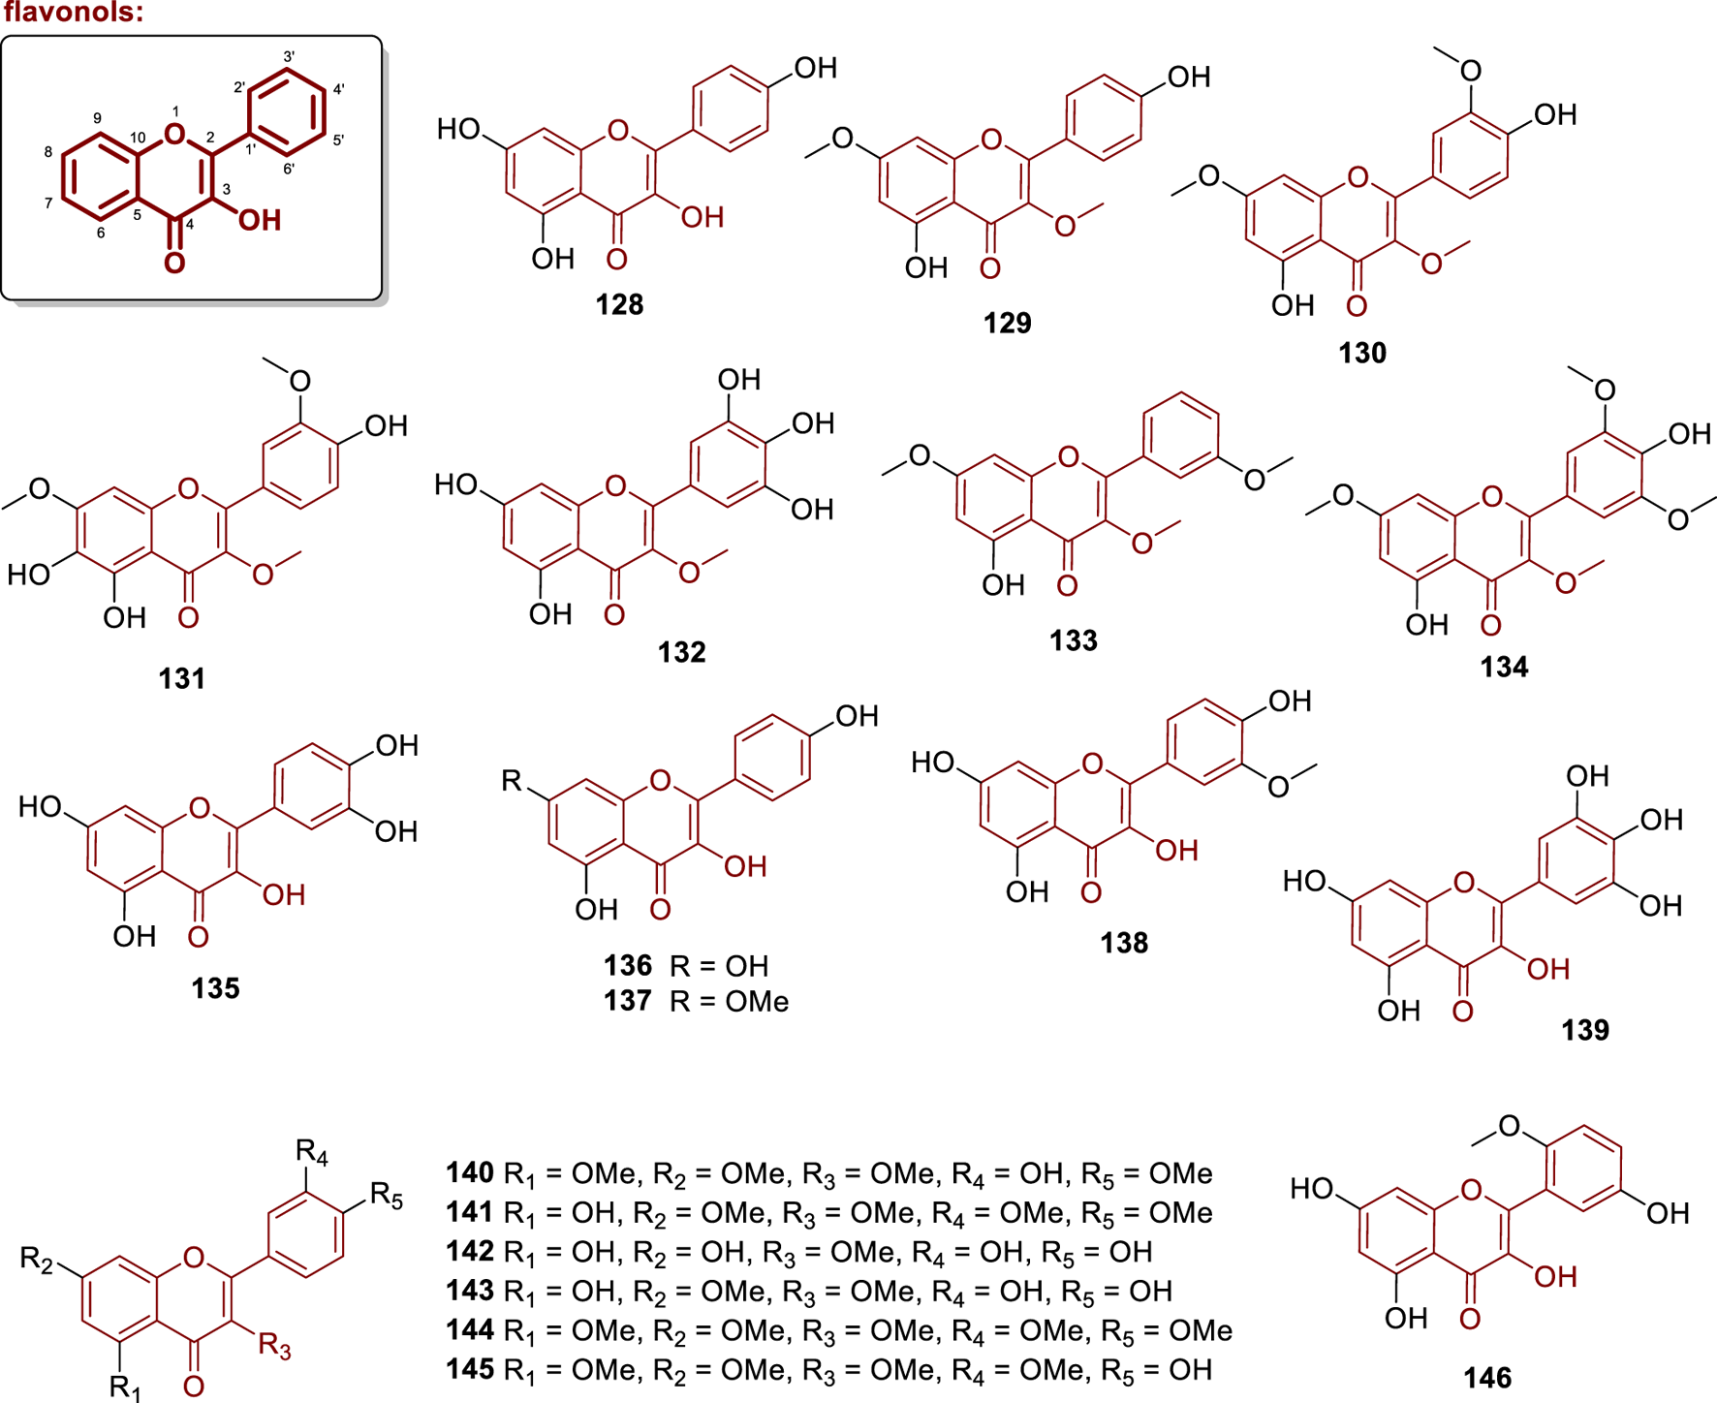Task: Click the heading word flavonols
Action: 74,14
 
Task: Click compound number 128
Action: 619,305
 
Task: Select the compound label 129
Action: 1007,324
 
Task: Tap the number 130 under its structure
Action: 1361,354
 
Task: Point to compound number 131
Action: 182,679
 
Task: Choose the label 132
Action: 681,653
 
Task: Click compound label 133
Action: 1073,641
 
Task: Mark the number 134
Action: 1503,668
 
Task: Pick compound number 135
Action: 215,989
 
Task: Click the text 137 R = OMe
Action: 696,1001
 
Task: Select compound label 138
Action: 1123,944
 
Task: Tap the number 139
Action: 1584,1030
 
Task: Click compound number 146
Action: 1487,1378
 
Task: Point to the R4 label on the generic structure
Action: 312,1152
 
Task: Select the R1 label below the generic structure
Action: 125,1387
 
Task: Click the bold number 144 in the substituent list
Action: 470,1331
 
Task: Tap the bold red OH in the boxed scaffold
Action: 259,221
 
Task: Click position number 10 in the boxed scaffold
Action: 137,138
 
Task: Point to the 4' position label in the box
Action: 338,90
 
